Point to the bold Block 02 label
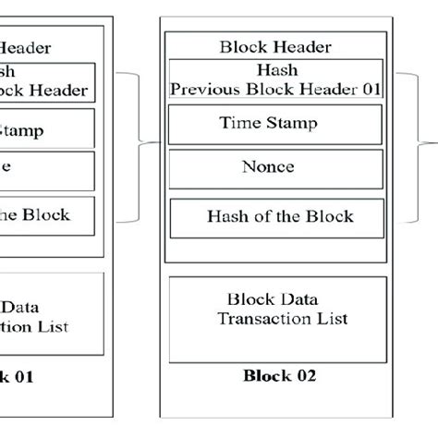[x=279, y=376]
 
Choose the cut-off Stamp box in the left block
[x=46, y=129]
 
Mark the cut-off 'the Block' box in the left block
[x=46, y=215]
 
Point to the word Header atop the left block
[x=27, y=47]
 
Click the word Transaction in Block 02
[x=253, y=320]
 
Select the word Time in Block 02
[x=238, y=124]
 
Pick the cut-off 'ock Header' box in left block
[x=46, y=80]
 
